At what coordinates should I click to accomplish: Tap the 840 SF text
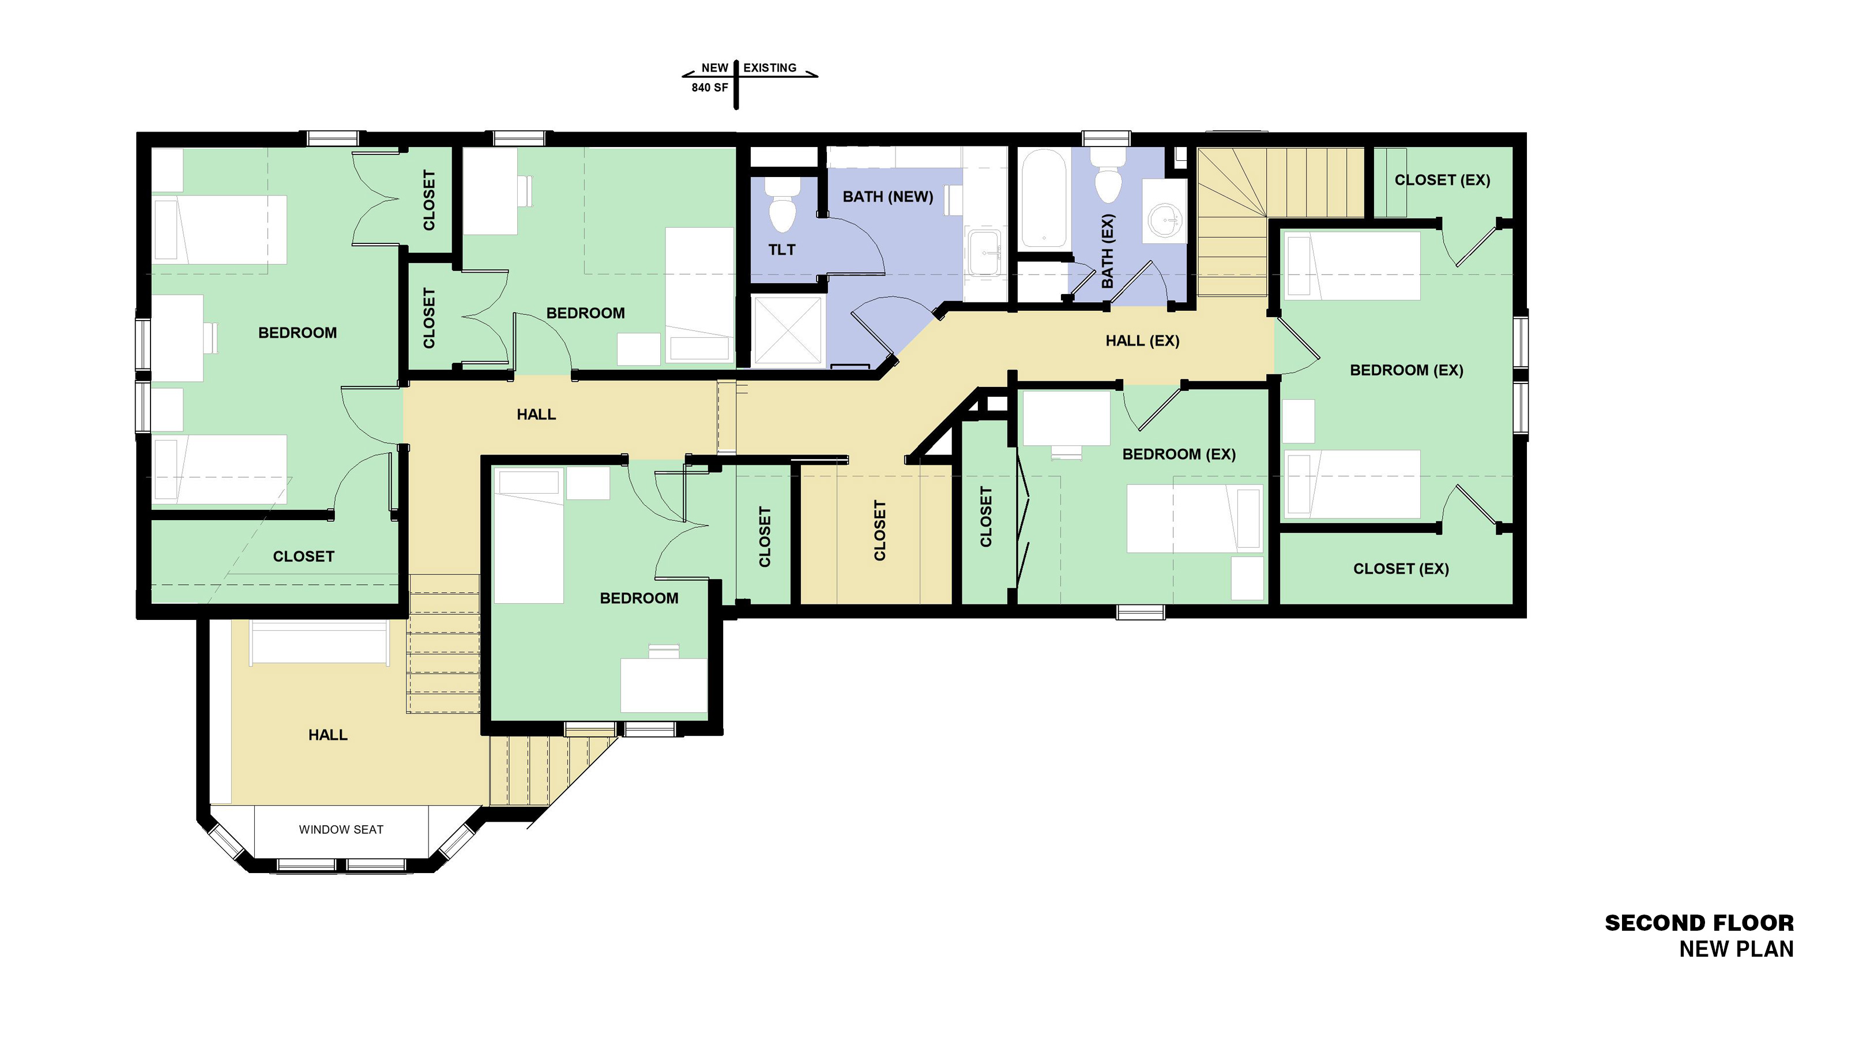click(x=709, y=87)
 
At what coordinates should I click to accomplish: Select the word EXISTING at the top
click(x=770, y=67)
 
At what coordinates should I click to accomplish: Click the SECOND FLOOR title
click(x=1699, y=923)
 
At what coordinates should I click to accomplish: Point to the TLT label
click(x=782, y=250)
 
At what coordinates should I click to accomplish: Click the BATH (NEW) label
click(x=887, y=197)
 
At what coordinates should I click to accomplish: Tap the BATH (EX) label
click(x=1107, y=250)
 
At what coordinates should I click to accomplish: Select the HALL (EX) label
click(x=1142, y=340)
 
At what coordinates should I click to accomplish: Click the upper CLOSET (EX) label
click(x=1442, y=180)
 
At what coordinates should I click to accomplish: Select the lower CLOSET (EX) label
click(x=1401, y=569)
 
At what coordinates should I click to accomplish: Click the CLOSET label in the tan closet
click(x=879, y=531)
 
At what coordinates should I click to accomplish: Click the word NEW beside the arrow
click(x=714, y=67)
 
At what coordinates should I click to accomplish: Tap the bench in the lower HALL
click(x=319, y=642)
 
